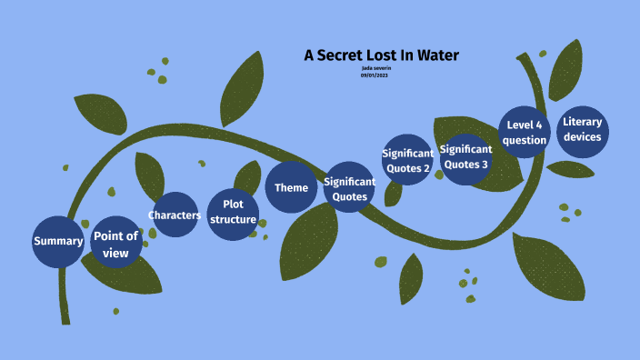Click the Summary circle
58,242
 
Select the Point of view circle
116,243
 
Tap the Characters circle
174,215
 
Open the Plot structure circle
233,213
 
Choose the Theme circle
292,188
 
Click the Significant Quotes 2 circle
406,160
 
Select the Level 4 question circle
526,133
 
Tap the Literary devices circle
583,130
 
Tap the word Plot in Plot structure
233,205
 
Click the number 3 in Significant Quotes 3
485,165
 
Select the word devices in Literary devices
583,137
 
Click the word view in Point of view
116,252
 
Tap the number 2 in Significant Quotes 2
426,167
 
